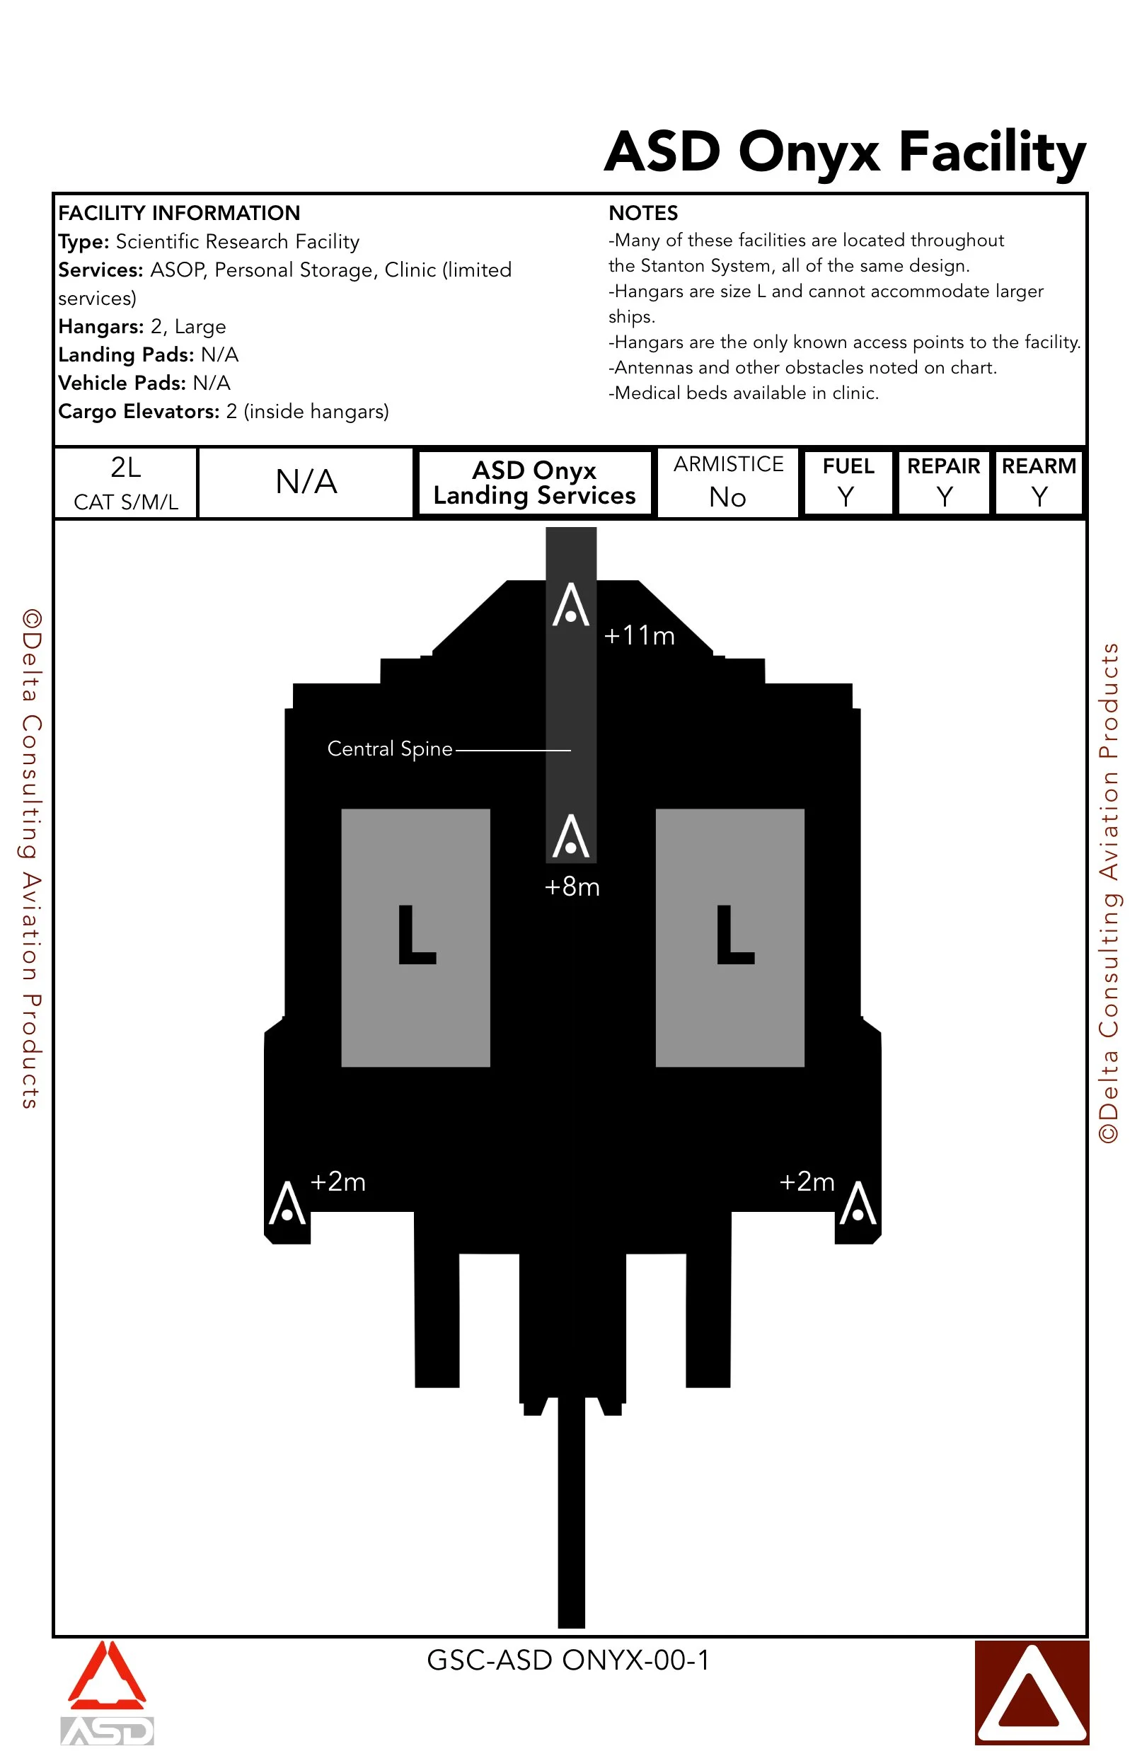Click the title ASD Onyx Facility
845,152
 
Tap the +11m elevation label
639,635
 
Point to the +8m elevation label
572,887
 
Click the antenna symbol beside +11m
571,606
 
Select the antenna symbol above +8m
571,836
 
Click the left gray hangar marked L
416,937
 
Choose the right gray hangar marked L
730,937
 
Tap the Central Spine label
389,749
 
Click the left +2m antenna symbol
287,1203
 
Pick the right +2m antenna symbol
858,1203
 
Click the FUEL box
848,482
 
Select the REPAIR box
943,482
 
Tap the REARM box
1038,482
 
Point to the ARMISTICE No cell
728,482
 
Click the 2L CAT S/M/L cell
126,482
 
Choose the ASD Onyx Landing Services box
534,482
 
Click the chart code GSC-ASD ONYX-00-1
568,1660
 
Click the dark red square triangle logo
1032,1692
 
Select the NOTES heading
643,214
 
